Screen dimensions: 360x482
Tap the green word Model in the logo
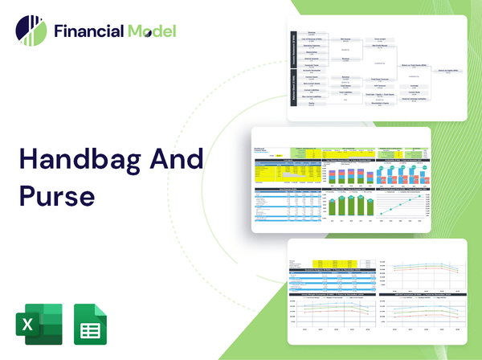(x=150, y=31)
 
